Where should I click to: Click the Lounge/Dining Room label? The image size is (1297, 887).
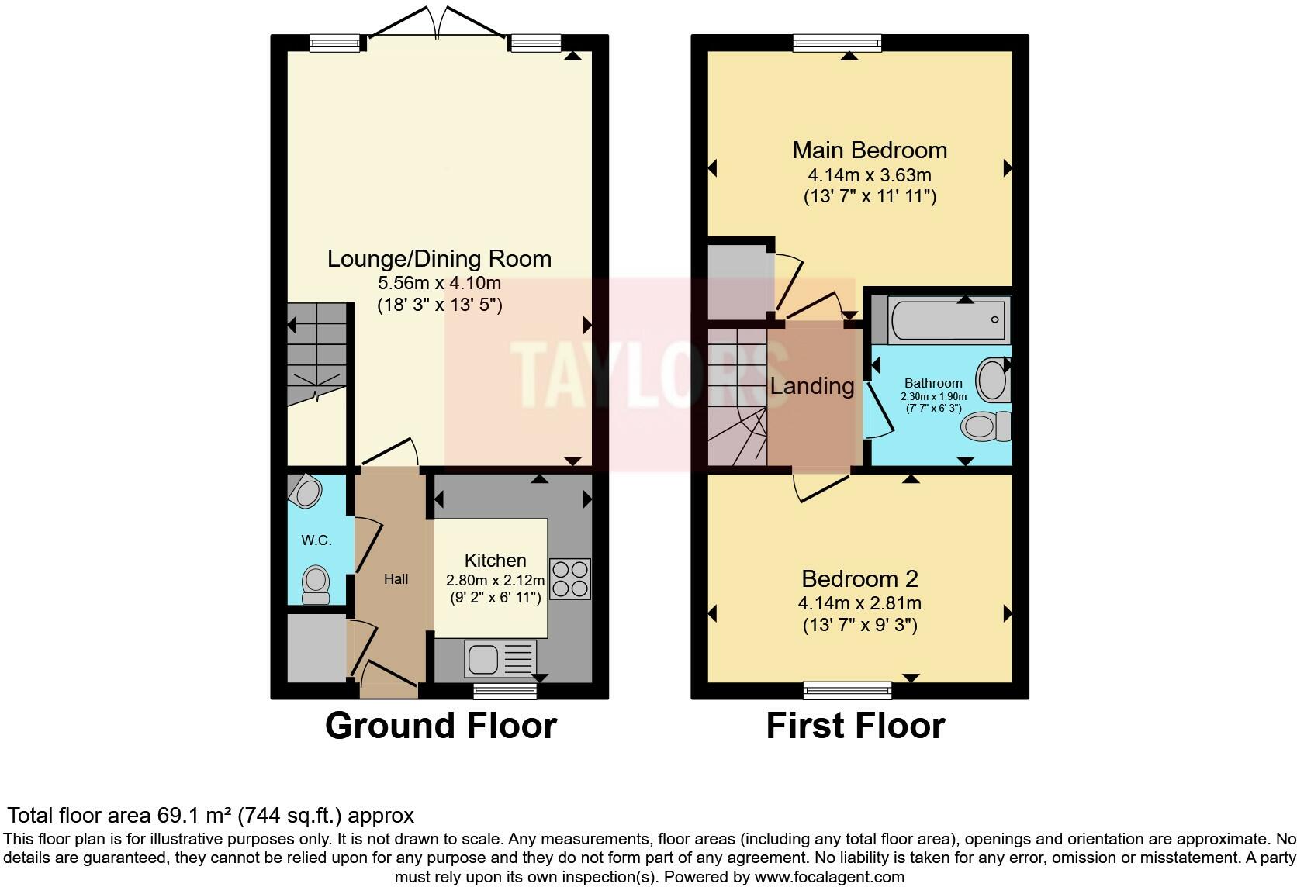point(440,259)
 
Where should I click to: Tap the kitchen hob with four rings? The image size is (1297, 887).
point(570,578)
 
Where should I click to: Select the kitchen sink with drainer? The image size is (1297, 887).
point(500,658)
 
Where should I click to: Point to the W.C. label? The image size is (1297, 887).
point(316,540)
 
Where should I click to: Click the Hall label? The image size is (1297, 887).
point(396,578)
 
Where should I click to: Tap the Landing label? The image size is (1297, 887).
point(812,386)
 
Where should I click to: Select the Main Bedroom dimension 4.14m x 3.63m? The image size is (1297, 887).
point(870,174)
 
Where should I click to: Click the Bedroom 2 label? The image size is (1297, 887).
point(859,578)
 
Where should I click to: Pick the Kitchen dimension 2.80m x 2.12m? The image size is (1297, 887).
point(495,580)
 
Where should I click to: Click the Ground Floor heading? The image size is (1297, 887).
point(441,726)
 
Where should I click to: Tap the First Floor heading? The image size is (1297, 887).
point(856,726)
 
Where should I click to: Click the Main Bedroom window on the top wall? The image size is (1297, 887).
point(837,43)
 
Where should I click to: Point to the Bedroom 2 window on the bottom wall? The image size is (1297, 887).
point(848,690)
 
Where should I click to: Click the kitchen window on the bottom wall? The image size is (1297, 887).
point(505,691)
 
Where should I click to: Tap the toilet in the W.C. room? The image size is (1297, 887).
point(316,585)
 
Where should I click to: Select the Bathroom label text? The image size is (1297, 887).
point(933,383)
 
